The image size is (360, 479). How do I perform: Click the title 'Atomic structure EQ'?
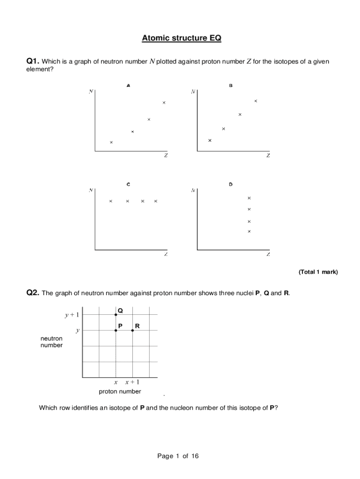tap(181, 38)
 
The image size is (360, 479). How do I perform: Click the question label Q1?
tap(32, 61)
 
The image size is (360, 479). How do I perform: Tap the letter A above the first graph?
tap(128, 86)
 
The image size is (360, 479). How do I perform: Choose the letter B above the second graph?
tap(230, 86)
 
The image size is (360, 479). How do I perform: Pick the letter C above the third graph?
tap(128, 184)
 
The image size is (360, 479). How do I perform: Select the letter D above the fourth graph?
tap(230, 184)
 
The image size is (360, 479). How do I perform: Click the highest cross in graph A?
tap(164, 102)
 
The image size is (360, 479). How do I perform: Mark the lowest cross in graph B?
tap(209, 140)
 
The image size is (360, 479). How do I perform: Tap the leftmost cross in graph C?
tap(111, 201)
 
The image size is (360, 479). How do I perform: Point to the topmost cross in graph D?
tap(249, 198)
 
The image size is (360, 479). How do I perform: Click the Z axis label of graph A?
tap(166, 156)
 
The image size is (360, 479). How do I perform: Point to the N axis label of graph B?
tap(193, 92)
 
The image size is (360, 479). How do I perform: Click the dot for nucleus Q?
tap(116, 315)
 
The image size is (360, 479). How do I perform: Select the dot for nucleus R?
tap(133, 330)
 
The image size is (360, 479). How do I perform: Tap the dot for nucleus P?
tap(116, 330)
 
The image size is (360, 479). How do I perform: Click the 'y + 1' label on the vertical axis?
tap(72, 315)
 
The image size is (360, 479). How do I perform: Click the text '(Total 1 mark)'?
tap(318, 272)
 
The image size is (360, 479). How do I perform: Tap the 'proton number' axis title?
tap(120, 392)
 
